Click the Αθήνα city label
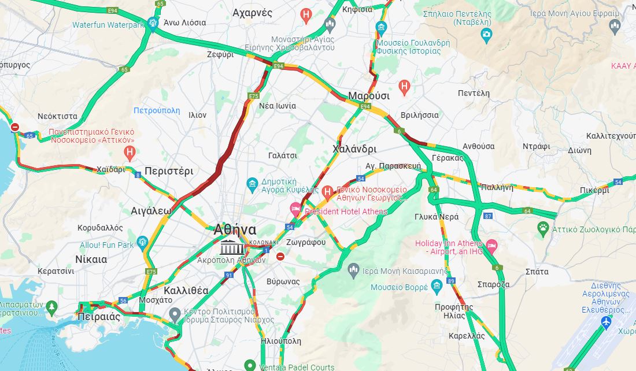235,229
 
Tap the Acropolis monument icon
229,247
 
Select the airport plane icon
606,322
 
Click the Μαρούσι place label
369,96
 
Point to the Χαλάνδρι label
354,149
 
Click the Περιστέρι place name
169,171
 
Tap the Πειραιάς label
98,317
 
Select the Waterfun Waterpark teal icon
153,23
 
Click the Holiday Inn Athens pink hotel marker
491,244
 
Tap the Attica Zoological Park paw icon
542,228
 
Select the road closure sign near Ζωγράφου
280,256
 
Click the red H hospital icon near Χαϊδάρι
130,153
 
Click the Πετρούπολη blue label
156,110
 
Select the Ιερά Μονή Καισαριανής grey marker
354,270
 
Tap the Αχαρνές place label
252,12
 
